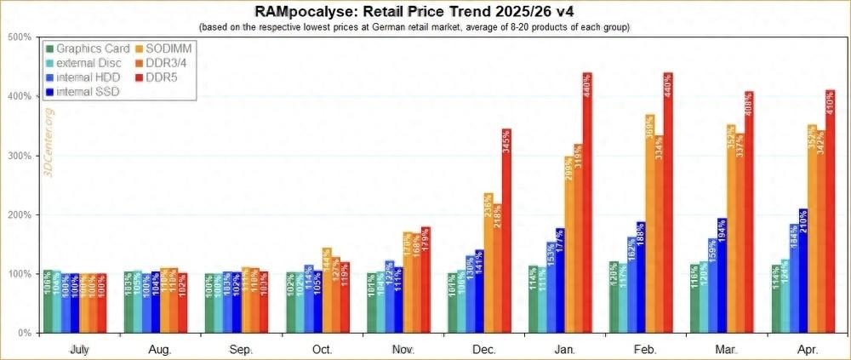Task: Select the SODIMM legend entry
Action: (173, 49)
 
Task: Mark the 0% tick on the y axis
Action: (24, 333)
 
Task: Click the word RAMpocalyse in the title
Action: (308, 11)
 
